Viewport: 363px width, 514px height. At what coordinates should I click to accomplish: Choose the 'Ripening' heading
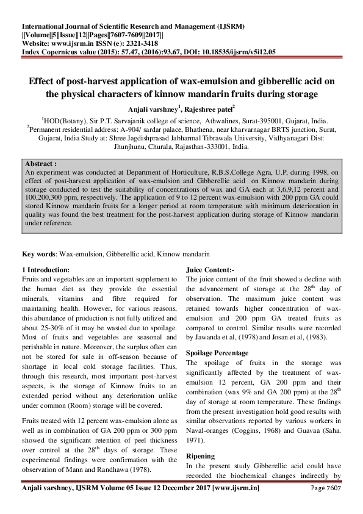pos(201,455)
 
